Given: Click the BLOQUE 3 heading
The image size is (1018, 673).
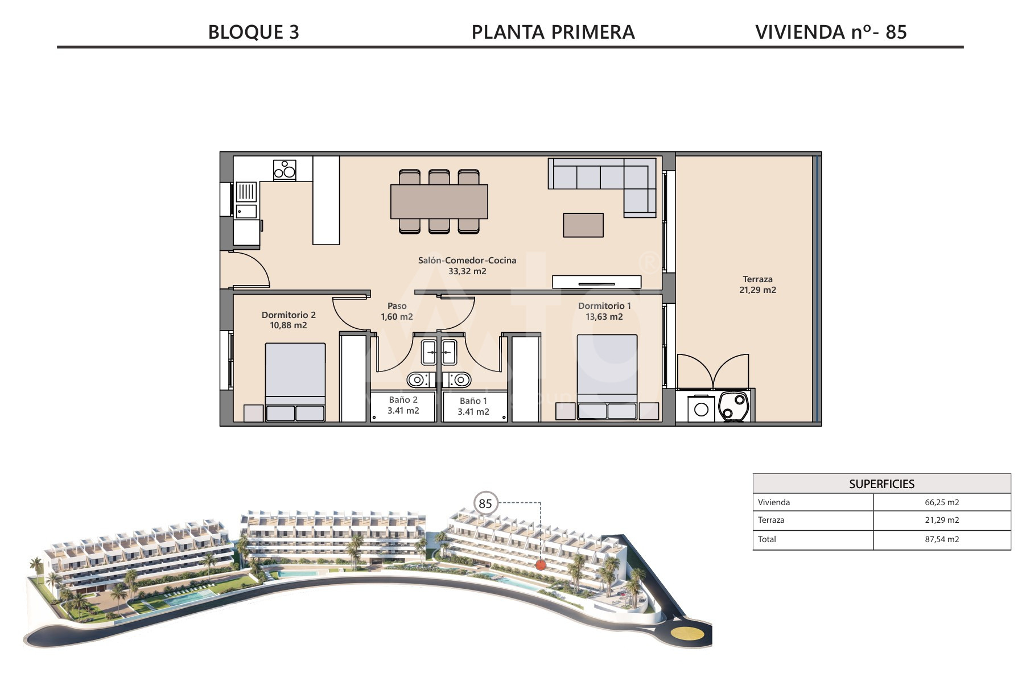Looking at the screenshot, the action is point(253,32).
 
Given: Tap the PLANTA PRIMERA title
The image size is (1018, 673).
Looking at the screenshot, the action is point(553,32).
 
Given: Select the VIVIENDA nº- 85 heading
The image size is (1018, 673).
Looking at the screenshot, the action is point(831,32).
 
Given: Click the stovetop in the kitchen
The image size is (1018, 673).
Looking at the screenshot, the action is point(285,170).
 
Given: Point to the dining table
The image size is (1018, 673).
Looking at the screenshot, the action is point(439,201).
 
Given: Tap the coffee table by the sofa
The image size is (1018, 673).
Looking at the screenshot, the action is point(583,225).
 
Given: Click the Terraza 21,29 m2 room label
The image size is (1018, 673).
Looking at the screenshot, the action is point(757,284).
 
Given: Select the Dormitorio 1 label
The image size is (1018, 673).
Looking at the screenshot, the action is point(604,306).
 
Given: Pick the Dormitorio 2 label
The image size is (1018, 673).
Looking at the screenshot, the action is point(288,315).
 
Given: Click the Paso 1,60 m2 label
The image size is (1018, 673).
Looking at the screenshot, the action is point(397,311).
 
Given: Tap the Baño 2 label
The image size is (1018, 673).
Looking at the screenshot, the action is point(403,400).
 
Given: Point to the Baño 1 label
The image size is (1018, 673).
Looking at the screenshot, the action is point(473,401).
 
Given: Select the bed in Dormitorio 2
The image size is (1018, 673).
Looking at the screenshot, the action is point(295,382).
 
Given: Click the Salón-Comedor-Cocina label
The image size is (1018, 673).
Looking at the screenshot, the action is point(467,261).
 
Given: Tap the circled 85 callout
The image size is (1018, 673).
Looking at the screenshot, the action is point(485,503).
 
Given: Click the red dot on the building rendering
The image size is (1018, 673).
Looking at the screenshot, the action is point(541,564).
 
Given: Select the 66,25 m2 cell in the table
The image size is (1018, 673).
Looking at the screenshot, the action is point(942,502).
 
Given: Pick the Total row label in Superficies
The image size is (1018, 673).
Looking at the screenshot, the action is point(766,539).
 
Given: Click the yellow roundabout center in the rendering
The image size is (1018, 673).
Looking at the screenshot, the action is point(687,634).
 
